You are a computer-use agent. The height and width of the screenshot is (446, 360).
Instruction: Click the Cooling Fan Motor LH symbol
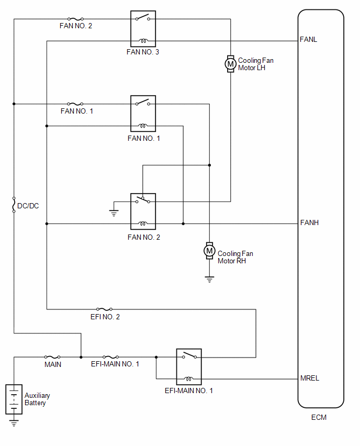(231, 64)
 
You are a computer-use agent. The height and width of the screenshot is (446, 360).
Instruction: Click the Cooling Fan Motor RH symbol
(210, 251)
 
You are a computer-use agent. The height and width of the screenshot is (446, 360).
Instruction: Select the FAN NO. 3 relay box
(143, 29)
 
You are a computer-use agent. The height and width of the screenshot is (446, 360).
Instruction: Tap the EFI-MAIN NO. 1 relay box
(189, 367)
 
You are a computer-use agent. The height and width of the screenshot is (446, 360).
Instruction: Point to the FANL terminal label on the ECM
(308, 39)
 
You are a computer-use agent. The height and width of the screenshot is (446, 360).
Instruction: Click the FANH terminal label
(309, 222)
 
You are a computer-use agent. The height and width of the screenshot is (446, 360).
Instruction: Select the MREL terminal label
(310, 378)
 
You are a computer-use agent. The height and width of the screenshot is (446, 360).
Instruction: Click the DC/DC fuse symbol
(14, 205)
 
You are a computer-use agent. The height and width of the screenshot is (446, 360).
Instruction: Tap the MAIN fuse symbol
(52, 357)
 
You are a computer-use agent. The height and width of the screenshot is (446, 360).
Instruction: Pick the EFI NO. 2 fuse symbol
(104, 309)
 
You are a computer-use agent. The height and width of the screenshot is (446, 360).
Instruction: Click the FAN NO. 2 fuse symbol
(75, 19)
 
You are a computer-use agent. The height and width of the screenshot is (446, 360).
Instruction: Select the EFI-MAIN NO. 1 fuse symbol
(110, 357)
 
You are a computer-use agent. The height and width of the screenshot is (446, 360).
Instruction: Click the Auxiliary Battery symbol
(14, 399)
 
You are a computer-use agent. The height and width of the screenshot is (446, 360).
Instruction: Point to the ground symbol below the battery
(14, 422)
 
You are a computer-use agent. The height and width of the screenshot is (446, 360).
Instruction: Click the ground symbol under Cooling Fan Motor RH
(210, 279)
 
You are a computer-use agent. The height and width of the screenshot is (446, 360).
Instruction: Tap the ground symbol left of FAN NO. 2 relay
(114, 213)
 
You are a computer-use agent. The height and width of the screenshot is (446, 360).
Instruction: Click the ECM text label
(319, 417)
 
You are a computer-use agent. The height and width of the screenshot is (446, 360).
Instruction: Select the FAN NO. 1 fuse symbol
(75, 104)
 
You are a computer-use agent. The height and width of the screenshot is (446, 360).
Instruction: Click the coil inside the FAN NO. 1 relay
(143, 126)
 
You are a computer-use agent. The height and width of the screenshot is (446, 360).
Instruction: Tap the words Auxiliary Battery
(37, 399)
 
